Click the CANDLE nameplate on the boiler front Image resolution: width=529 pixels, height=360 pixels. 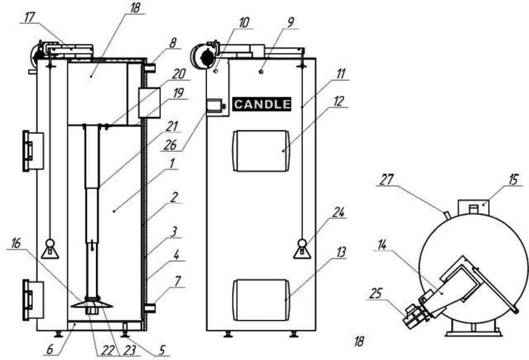[x=261, y=104]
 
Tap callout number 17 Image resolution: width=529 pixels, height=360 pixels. [x=29, y=17]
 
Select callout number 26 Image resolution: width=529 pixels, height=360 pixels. [x=170, y=145]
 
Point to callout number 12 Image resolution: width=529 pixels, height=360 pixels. [x=339, y=101]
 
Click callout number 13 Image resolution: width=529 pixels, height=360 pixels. [x=341, y=252]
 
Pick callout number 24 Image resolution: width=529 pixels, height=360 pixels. [x=338, y=213]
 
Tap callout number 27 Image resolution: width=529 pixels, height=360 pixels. [x=387, y=179]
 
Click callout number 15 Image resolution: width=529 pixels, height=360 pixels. [x=513, y=179]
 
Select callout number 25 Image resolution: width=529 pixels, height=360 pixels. [x=376, y=293]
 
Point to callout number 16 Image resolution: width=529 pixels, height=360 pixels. [x=16, y=244]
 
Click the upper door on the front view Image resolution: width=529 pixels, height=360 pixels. [x=261, y=151]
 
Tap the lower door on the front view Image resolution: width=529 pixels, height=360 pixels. [x=261, y=300]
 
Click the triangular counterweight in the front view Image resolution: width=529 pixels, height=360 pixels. [x=302, y=250]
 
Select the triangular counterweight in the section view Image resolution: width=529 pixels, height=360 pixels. [x=50, y=250]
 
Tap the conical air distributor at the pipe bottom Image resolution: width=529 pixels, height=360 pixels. [x=91, y=304]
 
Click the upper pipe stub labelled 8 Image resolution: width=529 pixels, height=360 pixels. [x=150, y=69]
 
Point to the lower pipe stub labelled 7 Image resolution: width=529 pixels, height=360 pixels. [x=150, y=308]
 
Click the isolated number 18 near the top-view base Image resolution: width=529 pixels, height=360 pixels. [x=359, y=341]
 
